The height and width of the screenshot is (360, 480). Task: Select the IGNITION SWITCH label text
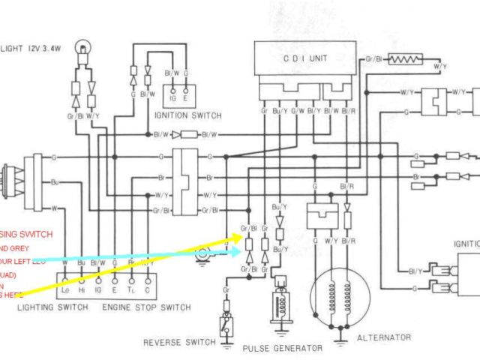[x=187, y=115]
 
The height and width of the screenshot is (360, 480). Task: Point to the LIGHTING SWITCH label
[x=46, y=307]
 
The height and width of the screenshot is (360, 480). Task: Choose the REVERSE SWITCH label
[x=177, y=343]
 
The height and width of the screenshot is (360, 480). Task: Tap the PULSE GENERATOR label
[x=282, y=348]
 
